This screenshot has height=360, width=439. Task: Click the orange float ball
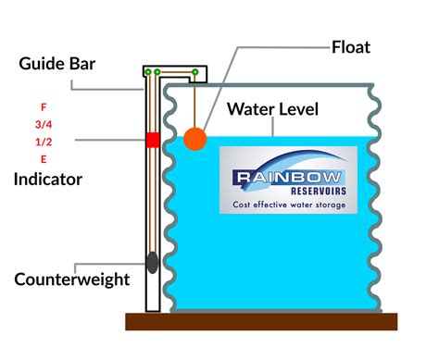(195, 139)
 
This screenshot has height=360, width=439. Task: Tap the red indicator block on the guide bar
(152, 140)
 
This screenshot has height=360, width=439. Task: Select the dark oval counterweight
(152, 263)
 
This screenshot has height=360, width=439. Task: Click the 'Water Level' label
(274, 109)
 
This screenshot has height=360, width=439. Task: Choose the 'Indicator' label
(47, 179)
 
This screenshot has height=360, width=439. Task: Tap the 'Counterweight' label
(71, 279)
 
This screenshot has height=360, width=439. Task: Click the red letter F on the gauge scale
(44, 107)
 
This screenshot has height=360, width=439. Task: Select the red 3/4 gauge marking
(44, 123)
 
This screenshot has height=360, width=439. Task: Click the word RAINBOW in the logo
(276, 176)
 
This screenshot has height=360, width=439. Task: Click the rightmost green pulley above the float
(194, 72)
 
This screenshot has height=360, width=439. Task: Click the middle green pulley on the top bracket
(158, 72)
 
